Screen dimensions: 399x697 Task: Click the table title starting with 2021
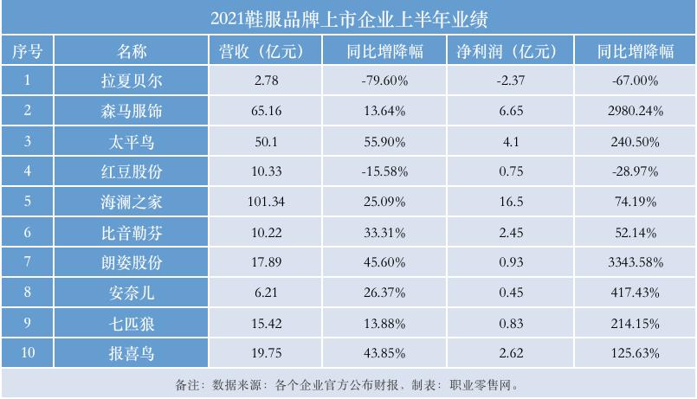(x=348, y=17)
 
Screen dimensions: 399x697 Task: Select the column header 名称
(x=132, y=51)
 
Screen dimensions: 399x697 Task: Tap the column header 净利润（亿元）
(x=506, y=51)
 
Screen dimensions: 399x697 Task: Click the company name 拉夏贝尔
(x=132, y=81)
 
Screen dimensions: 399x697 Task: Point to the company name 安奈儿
(x=132, y=293)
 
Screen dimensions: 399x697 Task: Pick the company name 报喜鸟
(x=132, y=353)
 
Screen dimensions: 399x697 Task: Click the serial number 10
(x=28, y=353)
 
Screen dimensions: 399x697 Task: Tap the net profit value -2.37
(x=506, y=81)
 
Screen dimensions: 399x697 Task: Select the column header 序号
(x=28, y=51)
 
